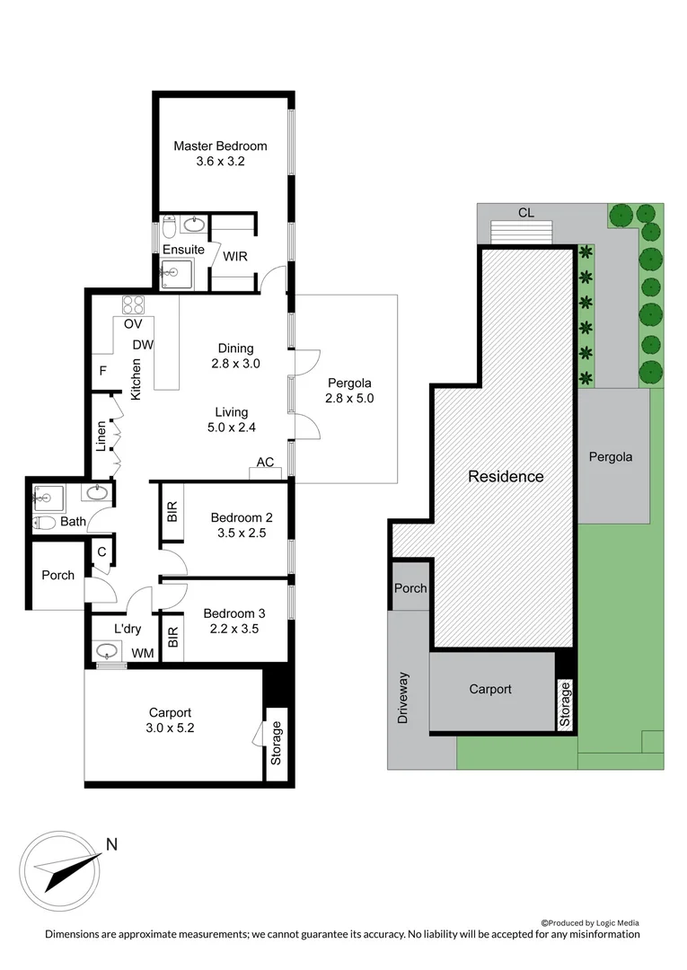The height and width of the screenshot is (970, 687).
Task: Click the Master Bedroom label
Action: coord(220,146)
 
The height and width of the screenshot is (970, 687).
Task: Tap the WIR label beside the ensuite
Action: coord(235,256)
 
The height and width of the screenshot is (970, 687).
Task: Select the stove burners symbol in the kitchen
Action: coord(134,304)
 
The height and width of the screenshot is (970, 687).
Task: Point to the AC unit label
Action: coord(265,463)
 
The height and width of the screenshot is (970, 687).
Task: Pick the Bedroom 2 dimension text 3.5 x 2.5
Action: coord(235,533)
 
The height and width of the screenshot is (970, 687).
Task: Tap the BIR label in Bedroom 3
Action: coord(173,637)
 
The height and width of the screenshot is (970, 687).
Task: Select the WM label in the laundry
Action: coord(142,653)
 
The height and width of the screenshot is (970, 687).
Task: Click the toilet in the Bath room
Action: coord(45,522)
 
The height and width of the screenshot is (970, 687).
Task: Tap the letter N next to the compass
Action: coord(112,844)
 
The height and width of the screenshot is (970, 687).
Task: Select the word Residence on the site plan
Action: coord(506,476)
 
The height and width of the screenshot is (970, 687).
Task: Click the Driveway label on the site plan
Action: coord(404,698)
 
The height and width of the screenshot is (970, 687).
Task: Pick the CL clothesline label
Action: coord(526,213)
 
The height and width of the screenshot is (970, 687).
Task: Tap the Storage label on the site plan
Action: coord(565,704)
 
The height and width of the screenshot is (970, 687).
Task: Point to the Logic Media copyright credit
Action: coord(590,922)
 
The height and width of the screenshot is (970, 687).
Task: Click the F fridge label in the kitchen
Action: coord(103,369)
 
